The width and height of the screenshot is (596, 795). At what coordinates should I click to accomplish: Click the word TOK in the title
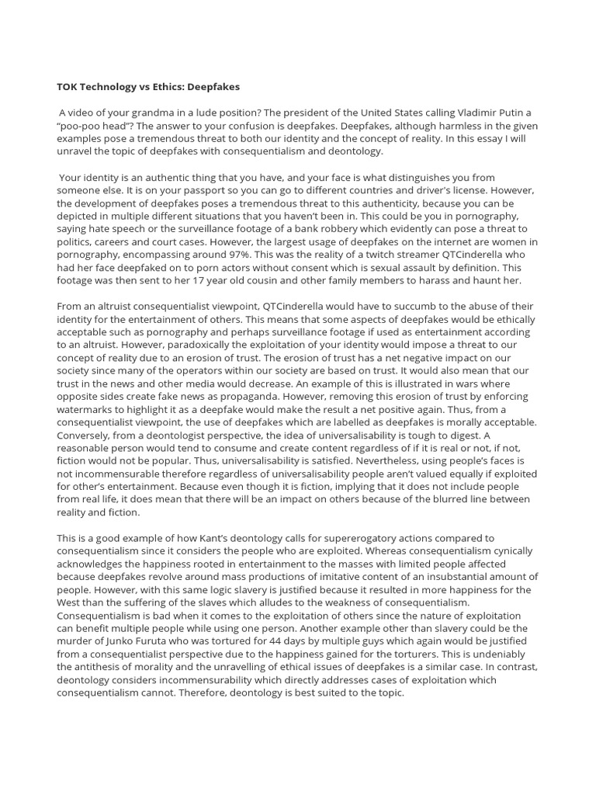(x=68, y=86)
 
